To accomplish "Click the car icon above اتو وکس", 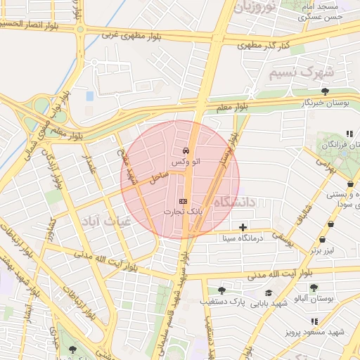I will pyautogui.click(x=185, y=150).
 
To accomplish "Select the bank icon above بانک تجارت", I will pyautogui.click(x=184, y=201).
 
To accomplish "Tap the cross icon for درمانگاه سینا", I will pyautogui.click(x=243, y=227).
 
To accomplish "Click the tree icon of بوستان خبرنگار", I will pyautogui.click(x=324, y=91).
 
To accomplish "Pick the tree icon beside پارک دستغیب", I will pyautogui.click(x=221, y=290).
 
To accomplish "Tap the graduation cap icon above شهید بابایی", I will pyautogui.click(x=268, y=292).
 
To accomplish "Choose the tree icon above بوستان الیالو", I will pyautogui.click(x=314, y=288).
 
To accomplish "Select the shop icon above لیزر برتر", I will pyautogui.click(x=331, y=239).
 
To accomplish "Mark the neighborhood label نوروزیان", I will pyautogui.click(x=253, y=8).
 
